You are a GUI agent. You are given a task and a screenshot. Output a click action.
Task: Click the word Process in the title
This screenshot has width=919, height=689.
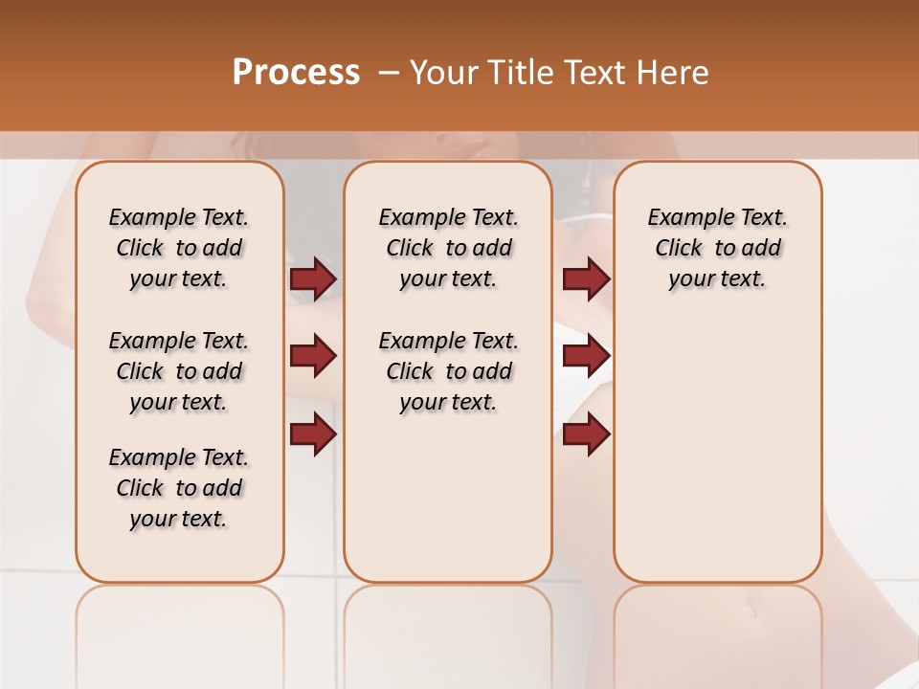point(296,72)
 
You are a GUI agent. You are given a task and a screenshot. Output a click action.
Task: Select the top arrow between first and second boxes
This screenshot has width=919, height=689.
point(313,279)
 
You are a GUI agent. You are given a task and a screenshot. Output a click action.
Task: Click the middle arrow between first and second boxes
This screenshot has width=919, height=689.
point(313,357)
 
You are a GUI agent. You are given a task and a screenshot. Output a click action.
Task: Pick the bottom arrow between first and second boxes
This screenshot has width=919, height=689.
point(313,434)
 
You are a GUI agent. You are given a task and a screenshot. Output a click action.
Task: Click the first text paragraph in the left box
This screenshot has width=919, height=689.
point(179,248)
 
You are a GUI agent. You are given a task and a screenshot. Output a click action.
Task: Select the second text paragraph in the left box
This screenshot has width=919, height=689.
point(179,371)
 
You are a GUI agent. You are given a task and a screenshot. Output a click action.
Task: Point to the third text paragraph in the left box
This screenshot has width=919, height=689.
point(179,488)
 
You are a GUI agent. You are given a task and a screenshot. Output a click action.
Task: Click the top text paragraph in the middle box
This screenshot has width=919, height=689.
point(448,248)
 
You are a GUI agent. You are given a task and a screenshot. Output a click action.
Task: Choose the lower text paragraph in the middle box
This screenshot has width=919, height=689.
point(448,371)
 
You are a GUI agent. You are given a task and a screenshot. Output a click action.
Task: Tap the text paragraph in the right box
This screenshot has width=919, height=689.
point(717,248)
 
